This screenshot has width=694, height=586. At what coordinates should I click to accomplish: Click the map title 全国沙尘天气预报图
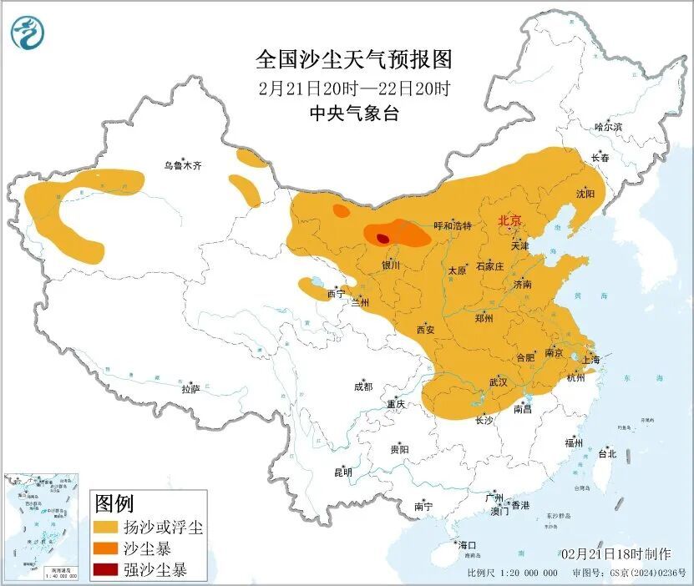click(x=354, y=60)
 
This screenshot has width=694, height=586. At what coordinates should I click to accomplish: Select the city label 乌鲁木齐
click(x=182, y=166)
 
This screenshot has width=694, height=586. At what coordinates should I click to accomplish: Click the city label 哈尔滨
click(x=608, y=127)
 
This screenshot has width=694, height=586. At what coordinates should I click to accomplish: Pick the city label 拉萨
click(x=190, y=389)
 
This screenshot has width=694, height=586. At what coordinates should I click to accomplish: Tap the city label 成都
click(x=362, y=386)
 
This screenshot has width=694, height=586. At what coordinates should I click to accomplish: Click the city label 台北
click(x=606, y=454)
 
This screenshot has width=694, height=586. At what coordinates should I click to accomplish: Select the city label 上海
click(x=590, y=359)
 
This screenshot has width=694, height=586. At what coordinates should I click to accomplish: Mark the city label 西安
click(x=425, y=330)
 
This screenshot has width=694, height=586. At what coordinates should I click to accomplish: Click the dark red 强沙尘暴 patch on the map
click(x=382, y=238)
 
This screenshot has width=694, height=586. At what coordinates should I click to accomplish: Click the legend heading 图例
click(x=114, y=503)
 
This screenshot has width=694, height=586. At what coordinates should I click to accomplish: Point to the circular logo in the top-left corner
click(x=28, y=33)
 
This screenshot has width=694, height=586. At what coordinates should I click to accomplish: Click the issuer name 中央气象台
click(x=354, y=114)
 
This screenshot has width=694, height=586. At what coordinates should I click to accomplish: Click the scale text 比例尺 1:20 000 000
click(x=512, y=573)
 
